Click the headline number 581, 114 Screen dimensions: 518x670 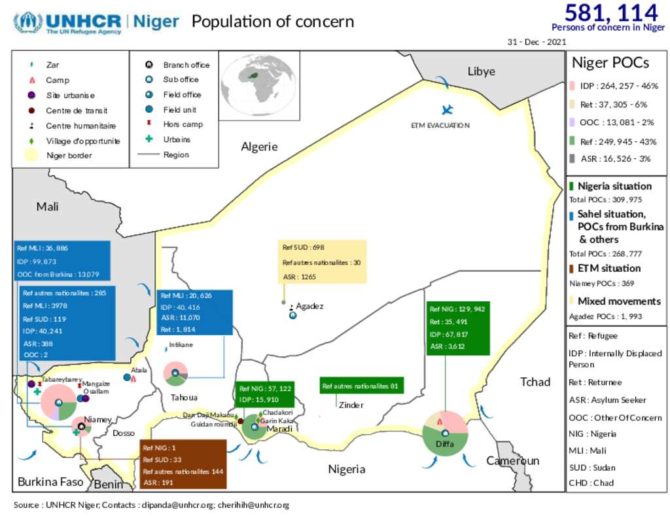(x=611, y=12)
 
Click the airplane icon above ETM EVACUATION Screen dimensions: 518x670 (x=448, y=109)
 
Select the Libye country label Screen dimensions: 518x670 (x=481, y=71)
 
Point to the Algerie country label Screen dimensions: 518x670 (x=259, y=147)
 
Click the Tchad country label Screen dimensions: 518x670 (x=535, y=382)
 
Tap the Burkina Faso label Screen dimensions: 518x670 (x=50, y=482)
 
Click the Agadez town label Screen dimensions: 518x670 (x=309, y=306)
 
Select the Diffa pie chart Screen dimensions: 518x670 (x=446, y=434)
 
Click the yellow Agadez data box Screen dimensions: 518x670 (x=322, y=262)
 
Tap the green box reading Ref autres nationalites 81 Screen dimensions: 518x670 (x=361, y=386)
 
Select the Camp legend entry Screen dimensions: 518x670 (x=58, y=80)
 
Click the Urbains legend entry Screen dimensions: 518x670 (x=176, y=139)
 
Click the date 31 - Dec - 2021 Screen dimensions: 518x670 (x=537, y=41)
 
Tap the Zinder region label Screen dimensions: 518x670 (x=351, y=405)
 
